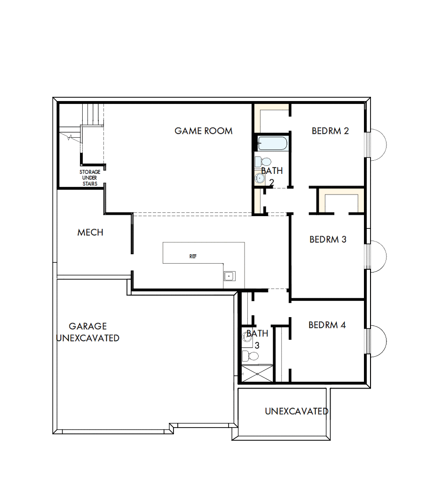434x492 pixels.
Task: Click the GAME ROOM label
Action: point(204,131)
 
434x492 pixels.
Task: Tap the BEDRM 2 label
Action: point(330,131)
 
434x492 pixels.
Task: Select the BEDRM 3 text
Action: point(328,239)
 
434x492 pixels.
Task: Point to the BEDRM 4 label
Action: point(327,325)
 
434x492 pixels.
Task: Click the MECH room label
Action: point(90,232)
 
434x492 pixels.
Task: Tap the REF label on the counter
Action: point(193,257)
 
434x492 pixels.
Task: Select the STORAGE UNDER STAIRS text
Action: point(89,178)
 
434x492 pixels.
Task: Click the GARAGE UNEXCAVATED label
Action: point(88,332)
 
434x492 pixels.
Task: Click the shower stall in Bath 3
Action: point(257,374)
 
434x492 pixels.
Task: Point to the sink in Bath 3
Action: point(246,336)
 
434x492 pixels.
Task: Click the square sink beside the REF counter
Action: point(229,276)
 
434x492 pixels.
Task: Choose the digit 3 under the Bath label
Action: point(257,345)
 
